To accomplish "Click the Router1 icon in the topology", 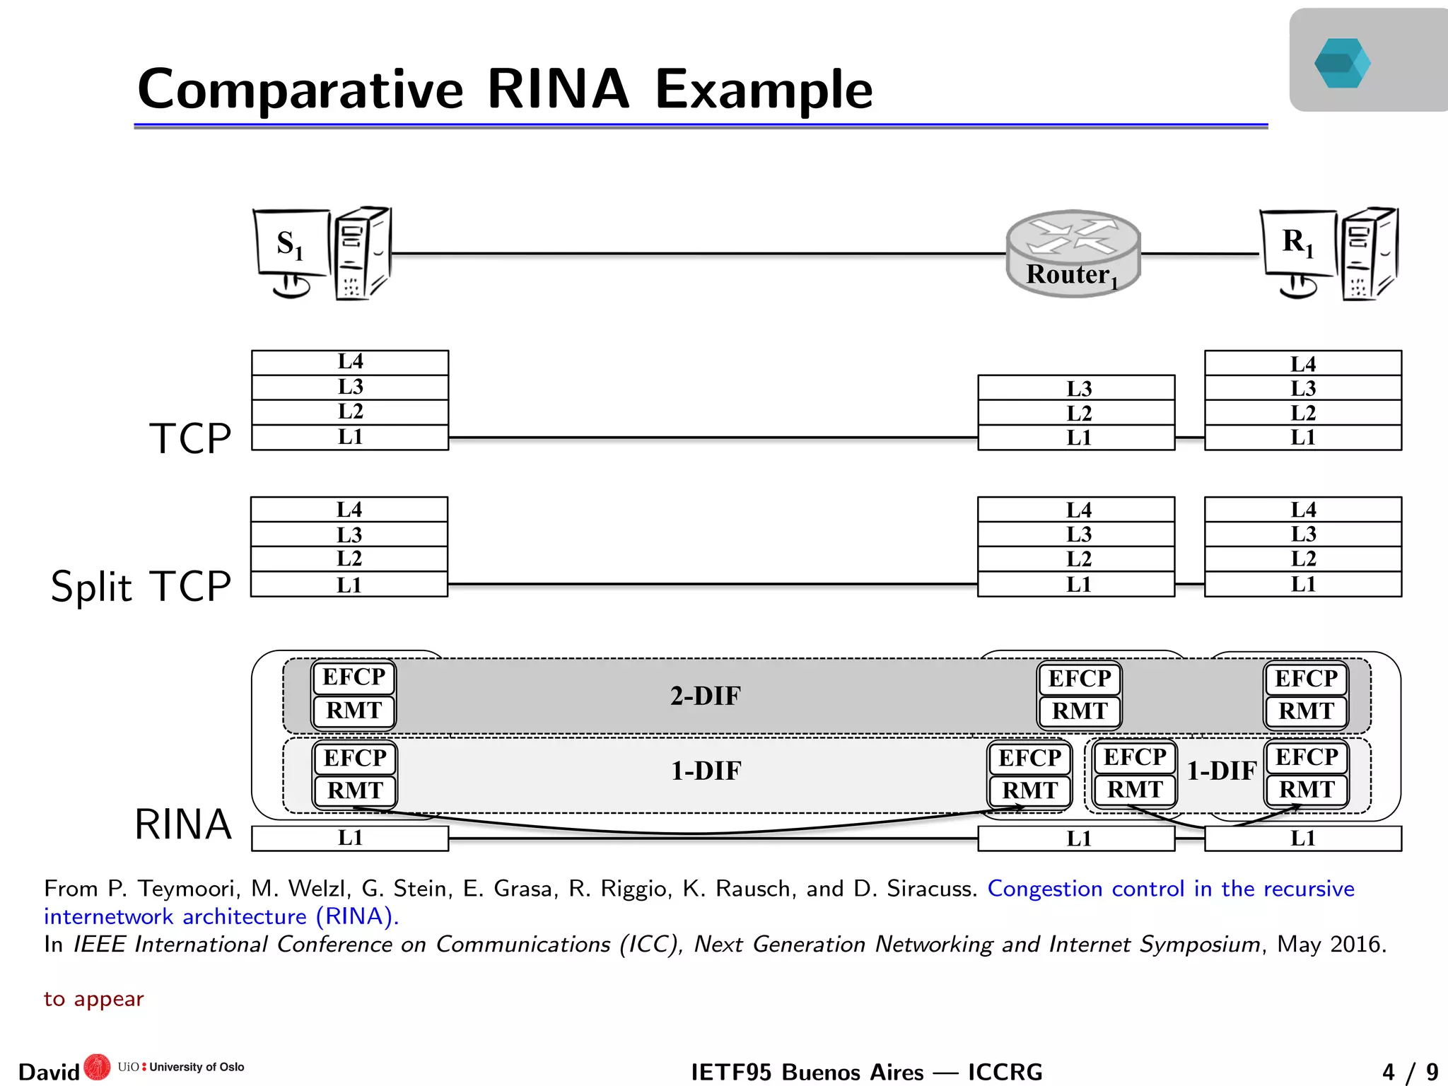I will (x=1073, y=253).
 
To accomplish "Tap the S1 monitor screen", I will (x=291, y=243).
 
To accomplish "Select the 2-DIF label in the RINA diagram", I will (x=705, y=696).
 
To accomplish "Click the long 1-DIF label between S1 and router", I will (x=706, y=771).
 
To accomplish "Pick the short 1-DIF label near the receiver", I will (x=1221, y=771).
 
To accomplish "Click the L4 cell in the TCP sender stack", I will (x=350, y=362).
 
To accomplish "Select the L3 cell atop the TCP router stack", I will (x=1076, y=388).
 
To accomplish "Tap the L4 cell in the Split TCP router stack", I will (x=1076, y=510).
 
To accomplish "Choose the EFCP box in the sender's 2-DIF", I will (x=354, y=677).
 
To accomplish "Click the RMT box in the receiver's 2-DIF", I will (x=1306, y=711).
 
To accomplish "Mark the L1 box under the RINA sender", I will (x=350, y=838).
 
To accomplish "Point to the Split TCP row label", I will (x=141, y=586).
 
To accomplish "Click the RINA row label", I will (x=183, y=824).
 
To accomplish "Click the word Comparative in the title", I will (x=300, y=90).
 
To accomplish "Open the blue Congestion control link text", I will (x=1170, y=889).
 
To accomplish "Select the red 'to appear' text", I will (x=93, y=999).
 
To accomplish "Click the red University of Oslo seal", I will (x=97, y=1067).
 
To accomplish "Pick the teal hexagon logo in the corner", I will (x=1342, y=63).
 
